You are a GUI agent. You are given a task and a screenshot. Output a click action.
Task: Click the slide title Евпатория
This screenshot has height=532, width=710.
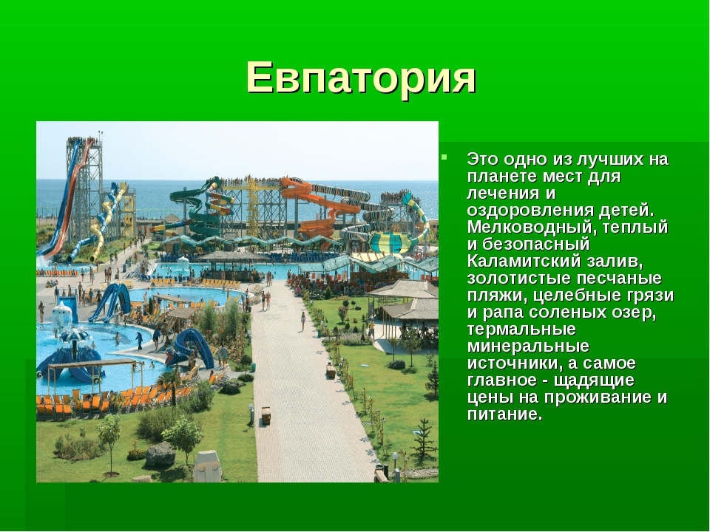tap(361, 78)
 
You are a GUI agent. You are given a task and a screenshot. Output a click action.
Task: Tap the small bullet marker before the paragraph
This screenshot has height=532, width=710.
tap(444, 157)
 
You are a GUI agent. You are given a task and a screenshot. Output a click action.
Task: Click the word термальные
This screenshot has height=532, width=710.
tap(521, 329)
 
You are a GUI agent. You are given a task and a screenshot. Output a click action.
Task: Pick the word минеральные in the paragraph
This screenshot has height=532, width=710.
tap(528, 346)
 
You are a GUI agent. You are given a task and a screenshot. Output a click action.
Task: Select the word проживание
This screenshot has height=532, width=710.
tap(596, 398)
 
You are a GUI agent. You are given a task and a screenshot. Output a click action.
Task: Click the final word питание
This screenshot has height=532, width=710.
tap(504, 415)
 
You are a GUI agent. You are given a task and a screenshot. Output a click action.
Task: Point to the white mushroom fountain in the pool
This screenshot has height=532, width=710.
tap(62, 314)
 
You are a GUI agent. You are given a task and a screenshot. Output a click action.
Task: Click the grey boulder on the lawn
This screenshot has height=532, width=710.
tap(160, 454)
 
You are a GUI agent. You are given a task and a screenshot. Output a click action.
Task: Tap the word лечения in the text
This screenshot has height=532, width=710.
tap(502, 193)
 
